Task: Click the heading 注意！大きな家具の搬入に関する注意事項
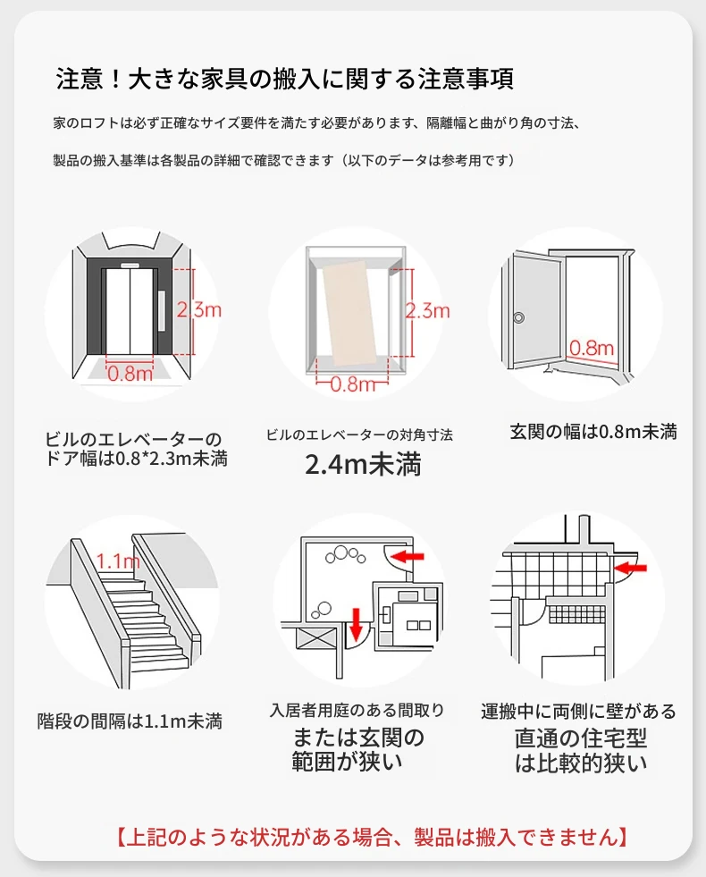pyautogui.click(x=284, y=79)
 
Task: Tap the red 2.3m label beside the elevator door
pyautogui.click(x=198, y=309)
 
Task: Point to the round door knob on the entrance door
pyautogui.click(x=519, y=316)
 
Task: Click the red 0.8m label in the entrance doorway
pyautogui.click(x=592, y=348)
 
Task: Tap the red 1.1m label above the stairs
pyautogui.click(x=118, y=561)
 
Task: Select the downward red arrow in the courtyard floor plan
pyautogui.click(x=355, y=620)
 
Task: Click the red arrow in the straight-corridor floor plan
pyautogui.click(x=634, y=567)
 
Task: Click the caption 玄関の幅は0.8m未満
pyautogui.click(x=593, y=432)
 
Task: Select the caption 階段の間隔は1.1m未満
pyautogui.click(x=130, y=721)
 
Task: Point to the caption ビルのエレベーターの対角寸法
pyautogui.click(x=359, y=434)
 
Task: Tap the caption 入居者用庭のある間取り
pyautogui.click(x=357, y=711)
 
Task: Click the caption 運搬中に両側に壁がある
pyautogui.click(x=579, y=712)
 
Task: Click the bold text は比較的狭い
pyautogui.click(x=579, y=763)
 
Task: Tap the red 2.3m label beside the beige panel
pyautogui.click(x=427, y=310)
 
